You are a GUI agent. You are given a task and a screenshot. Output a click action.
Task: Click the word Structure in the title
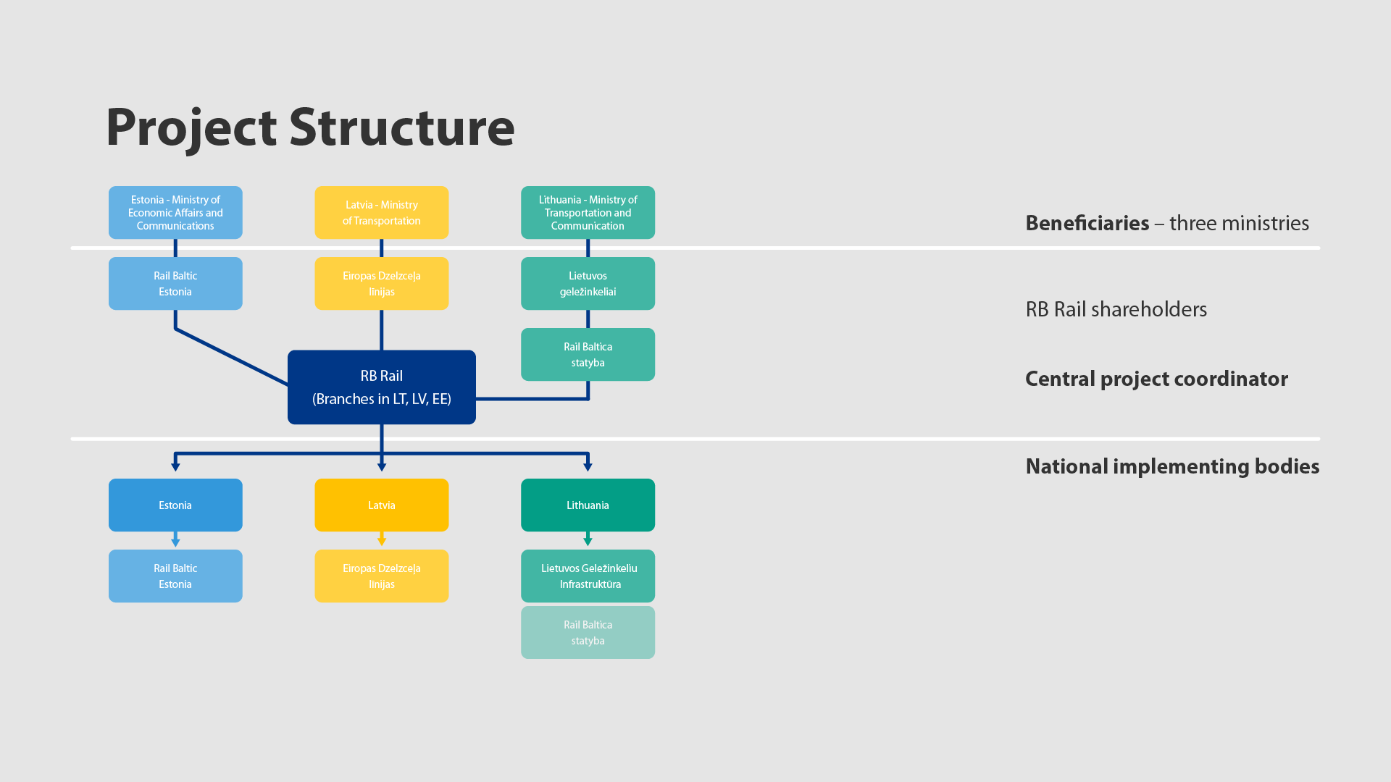pos(402,127)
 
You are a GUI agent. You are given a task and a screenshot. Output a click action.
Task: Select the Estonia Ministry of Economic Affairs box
pos(175,213)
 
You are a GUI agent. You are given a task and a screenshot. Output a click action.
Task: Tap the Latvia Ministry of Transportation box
pos(382,213)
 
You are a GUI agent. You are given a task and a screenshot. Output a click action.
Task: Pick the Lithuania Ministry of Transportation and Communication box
pos(588,213)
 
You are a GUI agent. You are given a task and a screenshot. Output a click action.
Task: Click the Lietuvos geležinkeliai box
pos(588,284)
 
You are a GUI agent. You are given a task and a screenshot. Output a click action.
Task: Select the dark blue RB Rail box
pos(382,387)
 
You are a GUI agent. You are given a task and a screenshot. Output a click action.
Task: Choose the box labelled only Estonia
pos(175,505)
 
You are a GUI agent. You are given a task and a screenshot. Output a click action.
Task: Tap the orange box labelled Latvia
pos(382,505)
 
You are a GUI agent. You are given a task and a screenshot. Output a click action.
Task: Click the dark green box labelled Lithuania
pos(588,505)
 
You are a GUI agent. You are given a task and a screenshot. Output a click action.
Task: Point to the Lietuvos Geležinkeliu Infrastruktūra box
pos(588,576)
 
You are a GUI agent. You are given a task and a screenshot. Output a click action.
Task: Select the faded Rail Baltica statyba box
pos(588,633)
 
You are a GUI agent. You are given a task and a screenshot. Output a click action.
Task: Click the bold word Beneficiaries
pos(1087,223)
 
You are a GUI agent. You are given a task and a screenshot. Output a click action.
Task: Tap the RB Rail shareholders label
pos(1116,310)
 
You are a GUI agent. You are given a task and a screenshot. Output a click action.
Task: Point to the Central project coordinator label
pos(1156,379)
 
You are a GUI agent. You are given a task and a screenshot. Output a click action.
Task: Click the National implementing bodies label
pos(1172,466)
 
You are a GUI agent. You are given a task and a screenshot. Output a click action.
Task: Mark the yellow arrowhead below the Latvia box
pos(382,542)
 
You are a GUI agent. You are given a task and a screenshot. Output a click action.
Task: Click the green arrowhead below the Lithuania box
pos(588,542)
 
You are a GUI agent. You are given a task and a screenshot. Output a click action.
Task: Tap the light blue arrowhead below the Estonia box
pos(175,542)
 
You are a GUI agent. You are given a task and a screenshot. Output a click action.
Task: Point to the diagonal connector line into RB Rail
pos(232,356)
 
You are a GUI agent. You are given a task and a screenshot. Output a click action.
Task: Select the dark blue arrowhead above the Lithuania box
pos(588,467)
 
